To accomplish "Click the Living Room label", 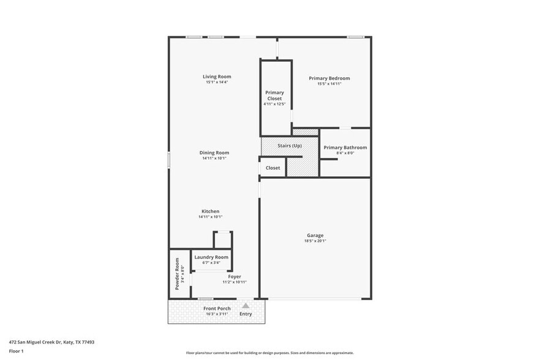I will click(x=217, y=77).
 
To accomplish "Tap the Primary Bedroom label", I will click(x=329, y=78).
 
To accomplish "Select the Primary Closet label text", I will click(x=274, y=96).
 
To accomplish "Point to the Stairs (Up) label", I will click(x=290, y=146).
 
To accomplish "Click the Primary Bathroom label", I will click(x=345, y=148).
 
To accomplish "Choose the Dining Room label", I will click(x=214, y=152).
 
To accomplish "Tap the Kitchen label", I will click(x=210, y=211).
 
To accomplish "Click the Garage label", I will click(x=315, y=235).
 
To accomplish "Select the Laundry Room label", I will click(x=211, y=257).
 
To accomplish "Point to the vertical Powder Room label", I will click(x=178, y=274).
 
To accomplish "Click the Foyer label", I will click(x=234, y=277).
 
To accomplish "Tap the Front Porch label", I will click(x=217, y=309).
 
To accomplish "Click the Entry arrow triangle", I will click(x=246, y=304).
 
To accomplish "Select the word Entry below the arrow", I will click(x=246, y=314).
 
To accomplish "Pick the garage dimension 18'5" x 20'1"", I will click(x=315, y=241).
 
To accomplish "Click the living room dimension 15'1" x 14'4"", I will click(x=217, y=82).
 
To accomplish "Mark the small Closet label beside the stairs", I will click(x=273, y=168).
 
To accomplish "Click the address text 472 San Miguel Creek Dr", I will click(x=51, y=342).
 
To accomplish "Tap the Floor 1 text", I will click(x=16, y=351).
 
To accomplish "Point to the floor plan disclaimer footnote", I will click(x=269, y=353).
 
